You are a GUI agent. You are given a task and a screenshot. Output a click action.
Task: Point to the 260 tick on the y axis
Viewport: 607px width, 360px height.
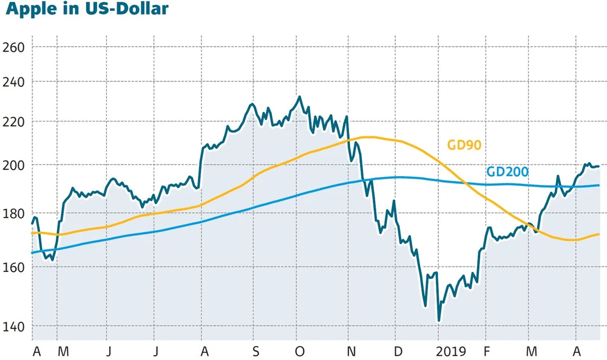coord(14,47)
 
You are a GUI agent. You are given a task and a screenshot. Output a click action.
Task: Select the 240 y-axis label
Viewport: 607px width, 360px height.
coord(14,81)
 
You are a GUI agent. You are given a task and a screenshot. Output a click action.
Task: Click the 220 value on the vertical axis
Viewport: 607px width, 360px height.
coord(14,121)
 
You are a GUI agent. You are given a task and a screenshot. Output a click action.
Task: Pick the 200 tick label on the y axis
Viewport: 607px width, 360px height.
coord(14,165)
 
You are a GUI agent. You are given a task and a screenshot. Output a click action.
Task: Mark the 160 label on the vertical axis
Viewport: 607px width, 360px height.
coord(14,267)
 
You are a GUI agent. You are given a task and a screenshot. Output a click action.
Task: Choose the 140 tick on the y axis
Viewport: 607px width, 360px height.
coord(14,327)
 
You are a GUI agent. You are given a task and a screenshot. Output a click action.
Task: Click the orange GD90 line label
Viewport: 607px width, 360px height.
coord(464,145)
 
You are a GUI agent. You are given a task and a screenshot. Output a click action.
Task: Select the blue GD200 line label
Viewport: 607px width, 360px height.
coord(507,172)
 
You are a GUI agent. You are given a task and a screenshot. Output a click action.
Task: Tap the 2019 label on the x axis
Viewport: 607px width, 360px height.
coord(450,351)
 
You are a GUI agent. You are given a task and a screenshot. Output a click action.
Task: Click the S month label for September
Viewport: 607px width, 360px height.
coord(256,351)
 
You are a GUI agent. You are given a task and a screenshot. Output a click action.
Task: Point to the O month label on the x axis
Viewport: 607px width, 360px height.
coord(299,351)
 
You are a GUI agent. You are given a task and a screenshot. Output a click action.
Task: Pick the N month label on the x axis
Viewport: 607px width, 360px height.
coord(351,351)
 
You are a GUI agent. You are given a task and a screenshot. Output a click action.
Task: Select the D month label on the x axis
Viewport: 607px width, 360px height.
coord(398,351)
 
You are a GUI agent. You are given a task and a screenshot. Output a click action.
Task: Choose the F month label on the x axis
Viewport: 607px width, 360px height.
coord(486,351)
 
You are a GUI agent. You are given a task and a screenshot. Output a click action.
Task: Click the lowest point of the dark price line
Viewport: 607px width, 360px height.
coord(438,320)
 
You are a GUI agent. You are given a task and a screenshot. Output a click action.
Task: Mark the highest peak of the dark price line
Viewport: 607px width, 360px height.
coord(299,97)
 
